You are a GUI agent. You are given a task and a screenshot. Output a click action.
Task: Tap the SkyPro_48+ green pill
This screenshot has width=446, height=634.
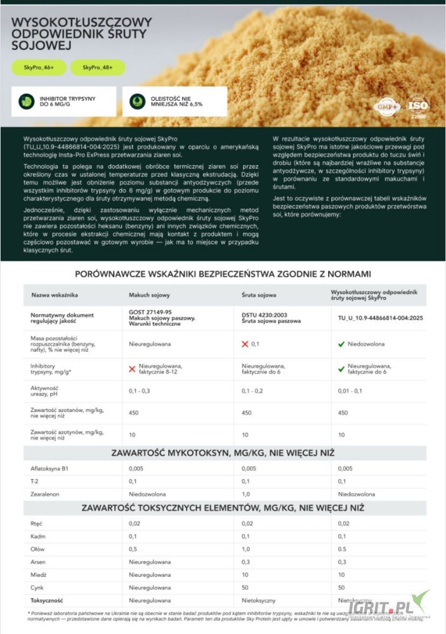click(x=98, y=68)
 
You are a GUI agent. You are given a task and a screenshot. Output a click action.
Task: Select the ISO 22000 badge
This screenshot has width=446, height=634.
click(x=417, y=105)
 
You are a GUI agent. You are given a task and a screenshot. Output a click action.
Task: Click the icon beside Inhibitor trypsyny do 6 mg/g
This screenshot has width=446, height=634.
click(x=26, y=101)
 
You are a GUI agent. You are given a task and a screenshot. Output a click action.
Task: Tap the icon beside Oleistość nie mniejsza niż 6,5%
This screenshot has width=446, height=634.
click(x=137, y=101)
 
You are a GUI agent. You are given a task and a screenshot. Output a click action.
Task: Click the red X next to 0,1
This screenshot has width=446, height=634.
click(x=245, y=344)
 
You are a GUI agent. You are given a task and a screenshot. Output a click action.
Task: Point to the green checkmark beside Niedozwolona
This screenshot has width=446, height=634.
click(x=341, y=344)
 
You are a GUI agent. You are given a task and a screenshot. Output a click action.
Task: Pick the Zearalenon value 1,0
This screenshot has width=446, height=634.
click(x=247, y=493)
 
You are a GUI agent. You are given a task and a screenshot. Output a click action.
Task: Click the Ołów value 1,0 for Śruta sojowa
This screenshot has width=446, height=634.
click(x=247, y=549)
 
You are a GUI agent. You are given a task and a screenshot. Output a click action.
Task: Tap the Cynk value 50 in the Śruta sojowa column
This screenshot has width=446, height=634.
click(x=246, y=587)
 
